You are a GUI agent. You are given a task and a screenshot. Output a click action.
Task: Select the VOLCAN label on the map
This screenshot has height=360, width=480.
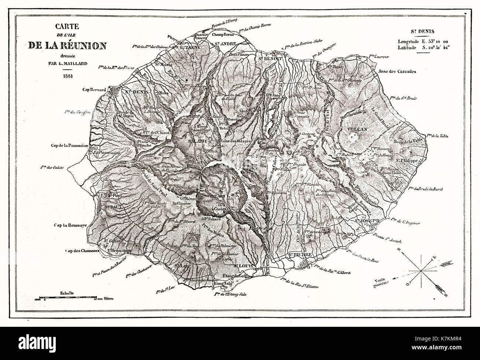[x=356, y=129]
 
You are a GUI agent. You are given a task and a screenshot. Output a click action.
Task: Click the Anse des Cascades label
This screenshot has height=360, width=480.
[x=398, y=71]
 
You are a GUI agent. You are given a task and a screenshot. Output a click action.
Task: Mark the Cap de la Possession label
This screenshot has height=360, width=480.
[x=69, y=145]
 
